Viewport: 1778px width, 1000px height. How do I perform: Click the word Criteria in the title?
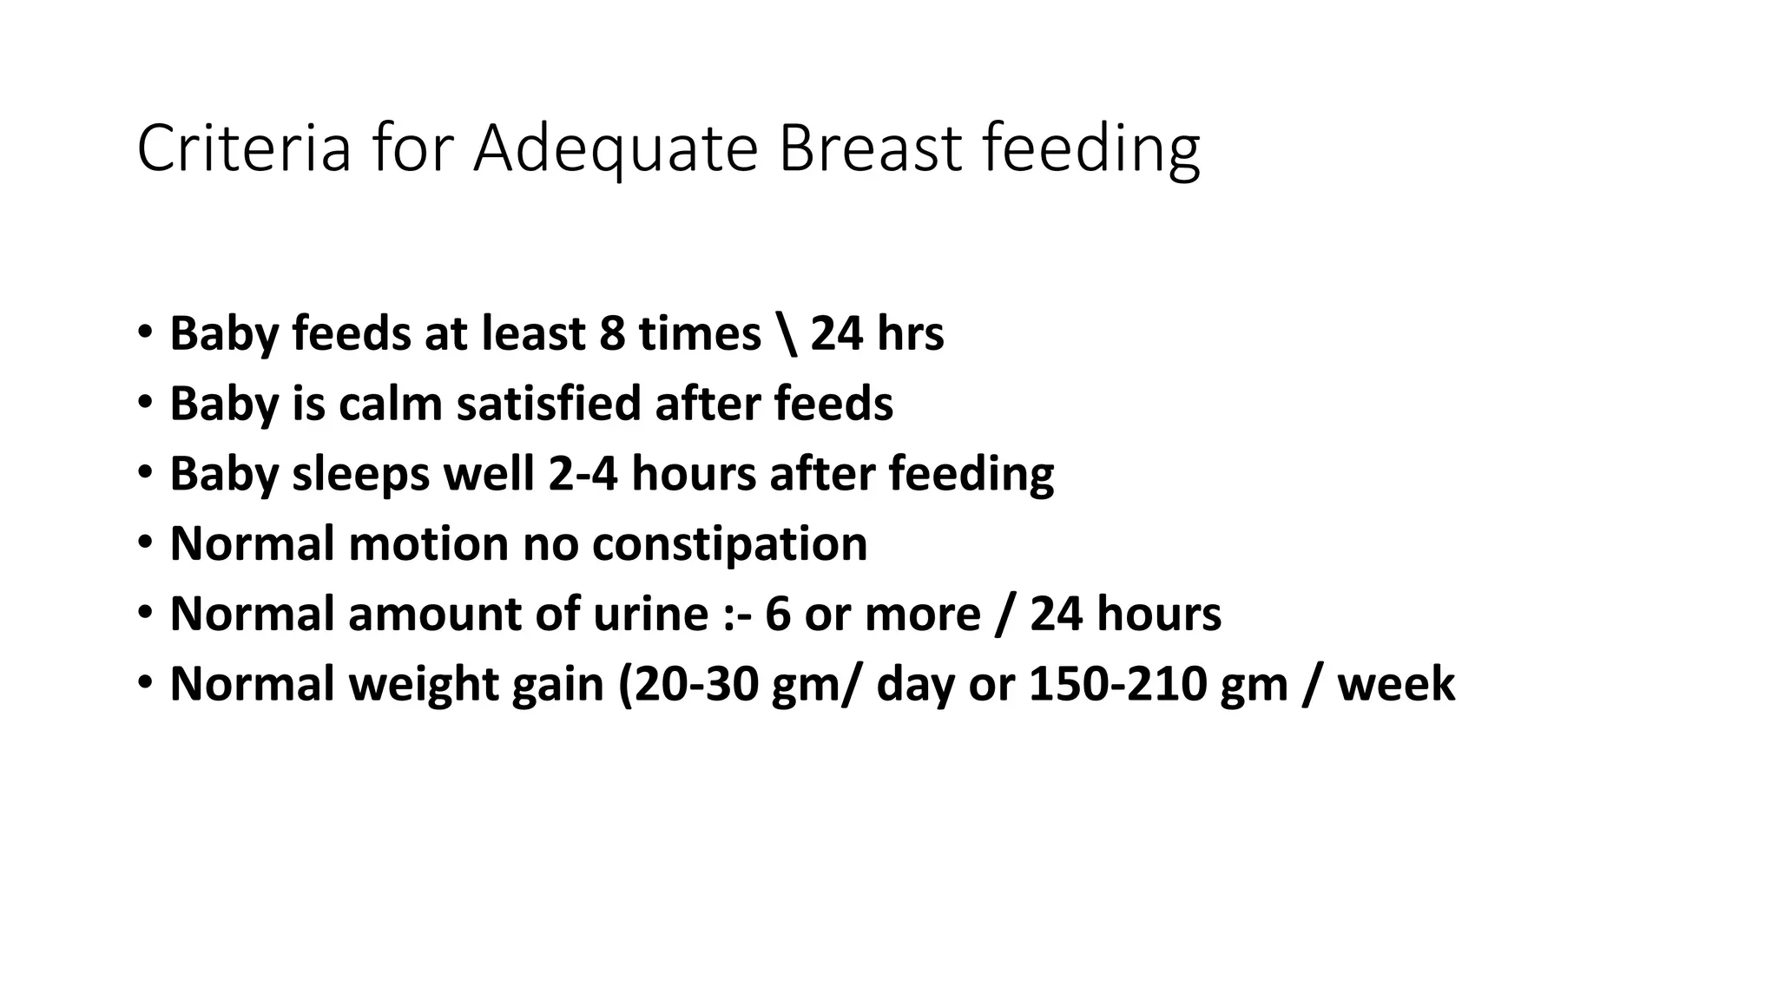243,148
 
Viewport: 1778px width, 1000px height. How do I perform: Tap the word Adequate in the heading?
616,148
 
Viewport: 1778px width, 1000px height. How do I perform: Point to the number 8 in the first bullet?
612,333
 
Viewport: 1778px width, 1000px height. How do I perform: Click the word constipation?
729,545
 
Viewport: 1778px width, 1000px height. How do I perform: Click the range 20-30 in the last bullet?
696,684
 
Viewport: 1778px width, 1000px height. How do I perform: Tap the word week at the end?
1396,684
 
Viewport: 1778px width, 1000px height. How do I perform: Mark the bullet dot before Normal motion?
144,543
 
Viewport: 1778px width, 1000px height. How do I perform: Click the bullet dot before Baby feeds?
144,333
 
